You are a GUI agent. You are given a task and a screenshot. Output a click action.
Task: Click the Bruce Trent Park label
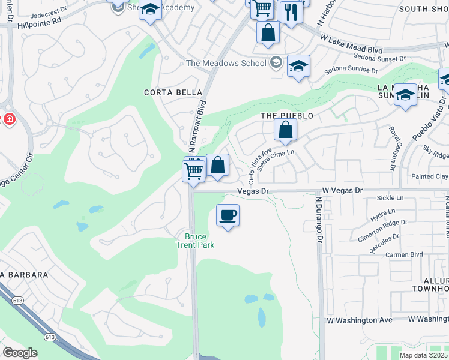[195, 241]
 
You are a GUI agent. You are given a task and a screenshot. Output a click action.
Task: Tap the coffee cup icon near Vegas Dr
[228, 215]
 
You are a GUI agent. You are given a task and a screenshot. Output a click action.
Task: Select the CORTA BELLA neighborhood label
[166, 92]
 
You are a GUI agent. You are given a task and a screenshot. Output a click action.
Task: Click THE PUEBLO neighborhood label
[287, 115]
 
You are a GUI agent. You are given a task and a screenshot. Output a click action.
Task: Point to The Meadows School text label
[226, 63]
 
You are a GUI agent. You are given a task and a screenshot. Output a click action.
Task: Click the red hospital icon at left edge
[9, 119]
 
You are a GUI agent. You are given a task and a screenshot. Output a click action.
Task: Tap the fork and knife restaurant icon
[291, 12]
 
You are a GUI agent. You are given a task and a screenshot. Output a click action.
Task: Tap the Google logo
[20, 352]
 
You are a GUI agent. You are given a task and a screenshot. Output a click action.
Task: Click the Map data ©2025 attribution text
[424, 355]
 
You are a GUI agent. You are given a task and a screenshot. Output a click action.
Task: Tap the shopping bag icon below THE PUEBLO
[286, 130]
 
